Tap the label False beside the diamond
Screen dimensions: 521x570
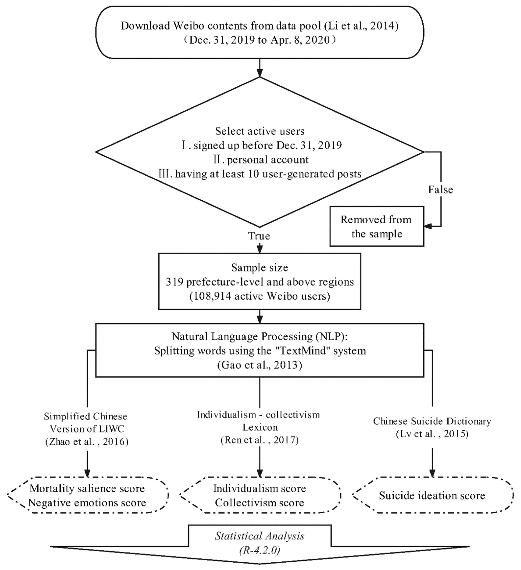pyautogui.click(x=440, y=189)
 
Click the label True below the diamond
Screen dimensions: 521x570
pyautogui.click(x=259, y=236)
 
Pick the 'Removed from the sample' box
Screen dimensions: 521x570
pyautogui.click(x=377, y=226)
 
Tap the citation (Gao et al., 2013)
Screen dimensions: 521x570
pyautogui.click(x=260, y=365)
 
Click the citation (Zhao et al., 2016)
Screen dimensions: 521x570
pyautogui.click(x=87, y=442)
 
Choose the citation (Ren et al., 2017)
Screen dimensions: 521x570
pyautogui.click(x=259, y=440)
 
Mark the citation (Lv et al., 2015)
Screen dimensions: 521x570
pyautogui.click(x=432, y=434)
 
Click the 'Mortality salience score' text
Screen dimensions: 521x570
pyautogui.click(x=87, y=488)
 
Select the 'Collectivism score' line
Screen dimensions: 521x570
pyautogui.click(x=259, y=502)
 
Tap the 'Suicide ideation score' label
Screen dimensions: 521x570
pyautogui.click(x=432, y=495)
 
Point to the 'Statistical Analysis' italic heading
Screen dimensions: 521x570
pyautogui.click(x=260, y=536)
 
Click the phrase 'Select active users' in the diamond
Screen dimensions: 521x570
pyautogui.click(x=260, y=131)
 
